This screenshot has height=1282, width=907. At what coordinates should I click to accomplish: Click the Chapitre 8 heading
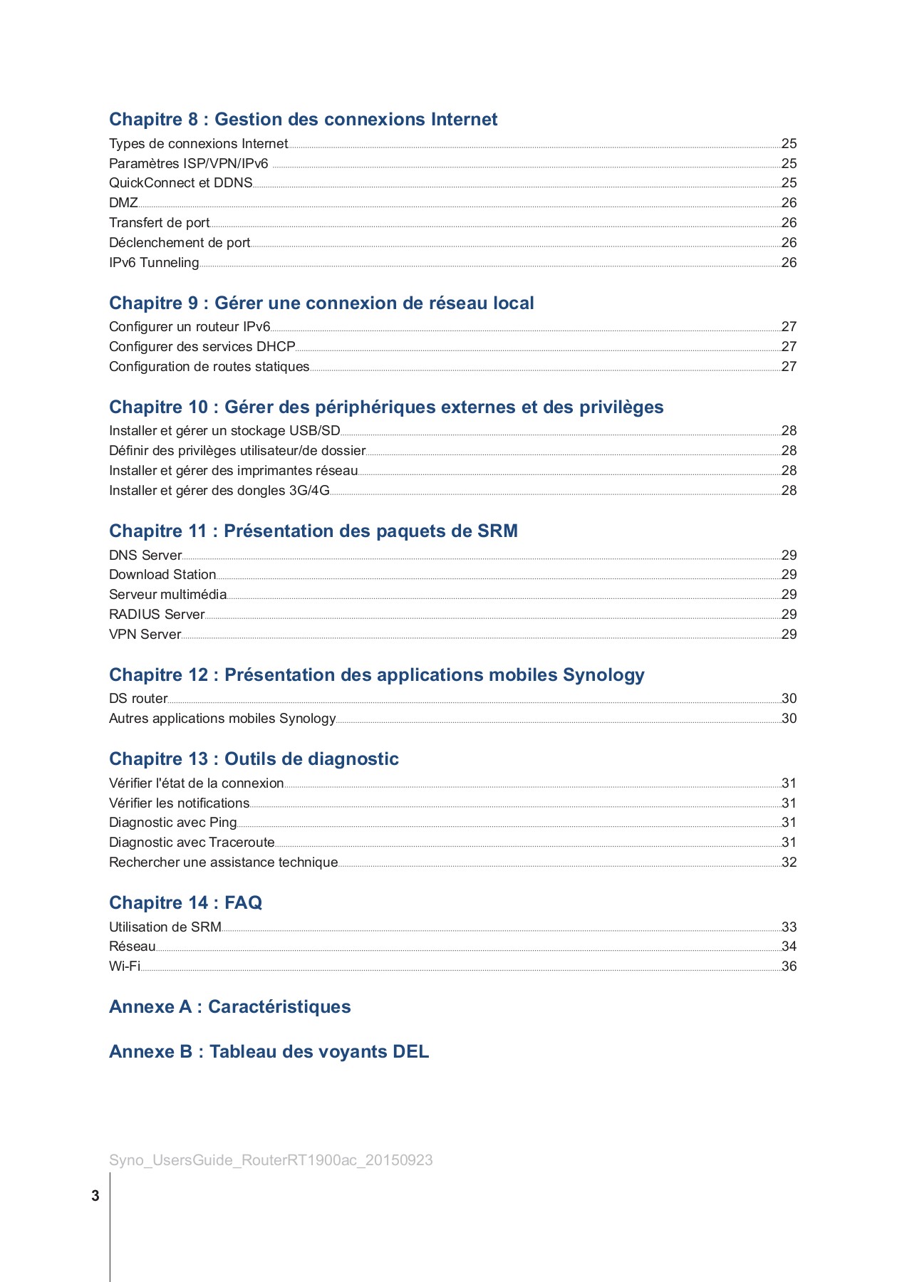[303, 120]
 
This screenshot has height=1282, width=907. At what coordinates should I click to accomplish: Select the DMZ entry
[123, 203]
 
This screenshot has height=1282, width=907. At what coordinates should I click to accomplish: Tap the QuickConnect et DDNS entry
[180, 183]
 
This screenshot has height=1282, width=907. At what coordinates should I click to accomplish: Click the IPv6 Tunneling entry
[154, 263]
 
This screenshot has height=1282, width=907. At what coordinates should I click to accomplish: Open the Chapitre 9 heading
[321, 303]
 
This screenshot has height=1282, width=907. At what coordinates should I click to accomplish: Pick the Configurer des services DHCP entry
[202, 347]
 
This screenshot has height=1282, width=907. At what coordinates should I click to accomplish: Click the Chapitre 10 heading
[386, 407]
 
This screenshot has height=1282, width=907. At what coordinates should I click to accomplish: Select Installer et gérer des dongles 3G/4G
[219, 491]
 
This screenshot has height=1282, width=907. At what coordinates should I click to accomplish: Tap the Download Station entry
[162, 575]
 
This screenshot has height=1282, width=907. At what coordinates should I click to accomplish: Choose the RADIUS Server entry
[157, 615]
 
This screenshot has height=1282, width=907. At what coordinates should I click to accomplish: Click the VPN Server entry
[145, 635]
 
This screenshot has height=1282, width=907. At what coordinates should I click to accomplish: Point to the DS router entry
[138, 699]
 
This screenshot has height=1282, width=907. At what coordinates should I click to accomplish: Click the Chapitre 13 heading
[254, 759]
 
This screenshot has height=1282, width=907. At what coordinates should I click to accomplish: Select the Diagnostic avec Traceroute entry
[192, 843]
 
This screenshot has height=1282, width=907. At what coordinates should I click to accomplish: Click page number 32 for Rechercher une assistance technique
[789, 863]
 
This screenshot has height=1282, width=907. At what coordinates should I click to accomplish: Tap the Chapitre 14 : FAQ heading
[185, 903]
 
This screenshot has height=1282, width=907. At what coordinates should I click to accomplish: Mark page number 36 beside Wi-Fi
[789, 966]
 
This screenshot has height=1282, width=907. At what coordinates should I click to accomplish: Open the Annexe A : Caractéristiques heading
[229, 1007]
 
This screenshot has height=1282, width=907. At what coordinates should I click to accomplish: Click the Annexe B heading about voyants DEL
[269, 1052]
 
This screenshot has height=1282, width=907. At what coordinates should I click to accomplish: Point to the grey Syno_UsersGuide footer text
[271, 1160]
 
